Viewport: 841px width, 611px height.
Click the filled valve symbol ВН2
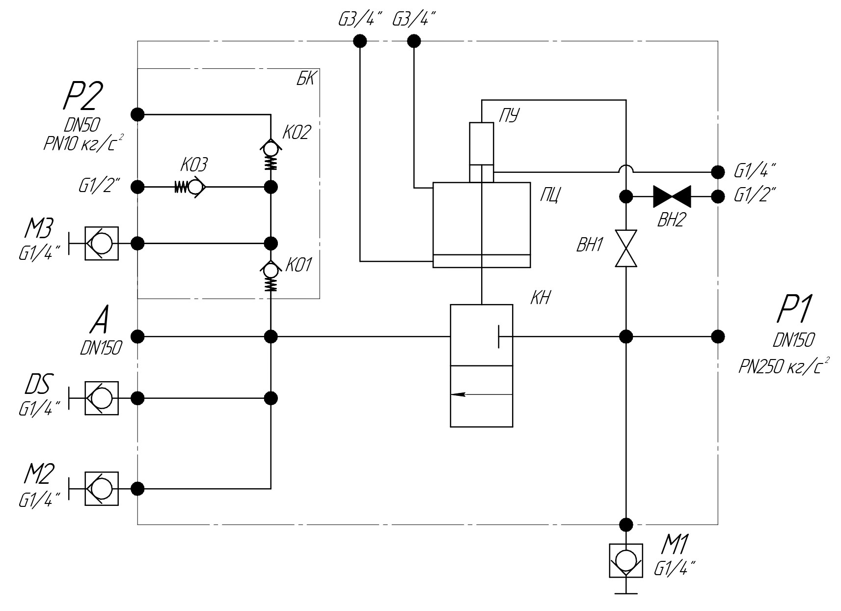coord(672,196)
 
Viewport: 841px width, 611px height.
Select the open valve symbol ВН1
coord(626,249)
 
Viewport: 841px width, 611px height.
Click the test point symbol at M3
coord(101,243)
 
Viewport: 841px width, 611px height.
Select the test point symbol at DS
coord(101,398)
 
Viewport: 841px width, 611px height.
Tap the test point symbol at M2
coord(101,489)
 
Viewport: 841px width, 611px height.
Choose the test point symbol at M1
coord(626,561)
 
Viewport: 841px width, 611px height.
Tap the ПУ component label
coord(509,116)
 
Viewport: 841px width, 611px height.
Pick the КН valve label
coord(540,298)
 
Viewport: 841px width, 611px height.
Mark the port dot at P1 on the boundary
coord(718,336)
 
